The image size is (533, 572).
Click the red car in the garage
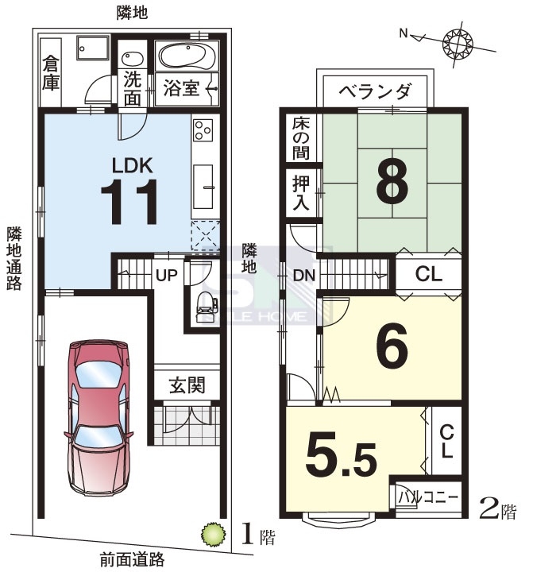click(98, 417)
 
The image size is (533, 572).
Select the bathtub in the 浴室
click(187, 56)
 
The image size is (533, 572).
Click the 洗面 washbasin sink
click(132, 59)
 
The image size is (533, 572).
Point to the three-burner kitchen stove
click(203, 129)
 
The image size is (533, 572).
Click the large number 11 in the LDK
click(129, 201)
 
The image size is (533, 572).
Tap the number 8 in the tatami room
click(392, 182)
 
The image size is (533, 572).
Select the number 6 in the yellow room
click(392, 346)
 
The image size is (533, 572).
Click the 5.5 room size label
click(342, 455)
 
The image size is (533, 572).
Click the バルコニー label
click(427, 497)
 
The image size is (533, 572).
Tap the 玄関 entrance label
click(187, 385)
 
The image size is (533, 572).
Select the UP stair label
click(166, 275)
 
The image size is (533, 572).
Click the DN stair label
click(304, 275)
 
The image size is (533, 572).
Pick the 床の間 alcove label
click(301, 138)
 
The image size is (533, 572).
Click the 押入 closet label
click(301, 192)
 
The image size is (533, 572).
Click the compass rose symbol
click(457, 44)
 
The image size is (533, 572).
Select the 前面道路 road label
click(132, 558)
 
